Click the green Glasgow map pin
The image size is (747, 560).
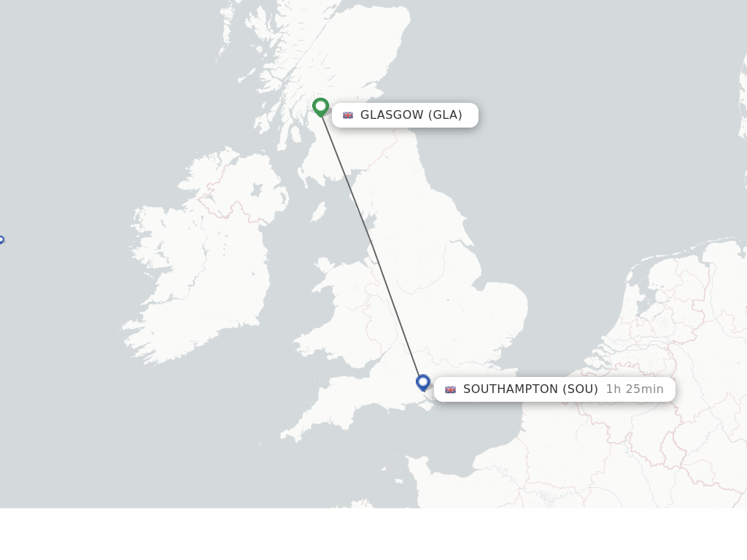pos(320,106)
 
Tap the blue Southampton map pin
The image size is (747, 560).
pos(423,381)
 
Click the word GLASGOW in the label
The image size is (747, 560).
pos(392,115)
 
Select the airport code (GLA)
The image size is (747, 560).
pos(445,115)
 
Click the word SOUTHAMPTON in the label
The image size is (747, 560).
pos(510,389)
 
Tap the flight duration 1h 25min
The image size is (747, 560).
pos(635,389)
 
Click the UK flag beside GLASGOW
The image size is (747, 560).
pos(348,115)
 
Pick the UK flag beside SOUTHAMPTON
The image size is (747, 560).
pos(450,389)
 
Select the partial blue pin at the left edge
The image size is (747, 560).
pos(1,240)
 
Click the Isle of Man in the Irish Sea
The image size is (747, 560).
pos(318,211)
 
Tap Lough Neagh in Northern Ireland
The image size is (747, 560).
pos(256,190)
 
